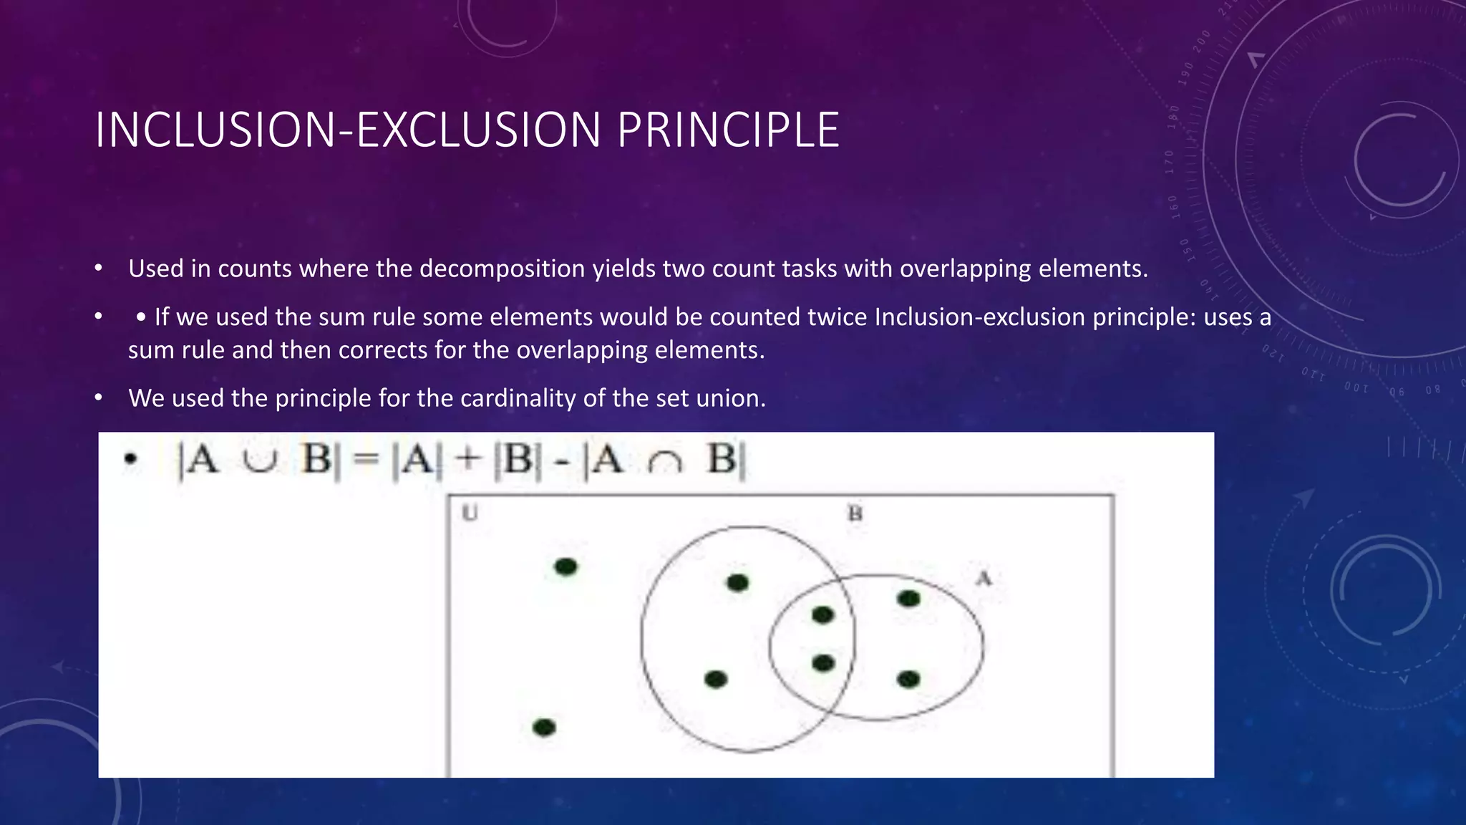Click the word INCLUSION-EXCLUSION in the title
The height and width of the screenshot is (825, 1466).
pos(348,130)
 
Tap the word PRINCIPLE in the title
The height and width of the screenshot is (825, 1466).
pos(727,130)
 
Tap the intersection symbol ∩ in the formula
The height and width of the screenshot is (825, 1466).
pos(664,463)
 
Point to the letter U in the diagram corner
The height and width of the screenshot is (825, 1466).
pos(470,513)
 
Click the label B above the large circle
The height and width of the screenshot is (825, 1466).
pos(855,513)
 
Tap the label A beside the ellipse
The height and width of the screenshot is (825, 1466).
pos(984,578)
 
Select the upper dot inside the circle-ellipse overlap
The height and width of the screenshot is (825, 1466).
pos(823,614)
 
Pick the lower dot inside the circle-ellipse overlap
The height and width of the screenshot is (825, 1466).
pos(823,664)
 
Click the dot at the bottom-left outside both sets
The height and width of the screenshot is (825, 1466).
pos(544,728)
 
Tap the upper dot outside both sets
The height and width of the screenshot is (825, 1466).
pos(565,567)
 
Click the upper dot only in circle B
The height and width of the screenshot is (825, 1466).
pos(737,583)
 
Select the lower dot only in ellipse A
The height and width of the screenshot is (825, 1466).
pos(908,679)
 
